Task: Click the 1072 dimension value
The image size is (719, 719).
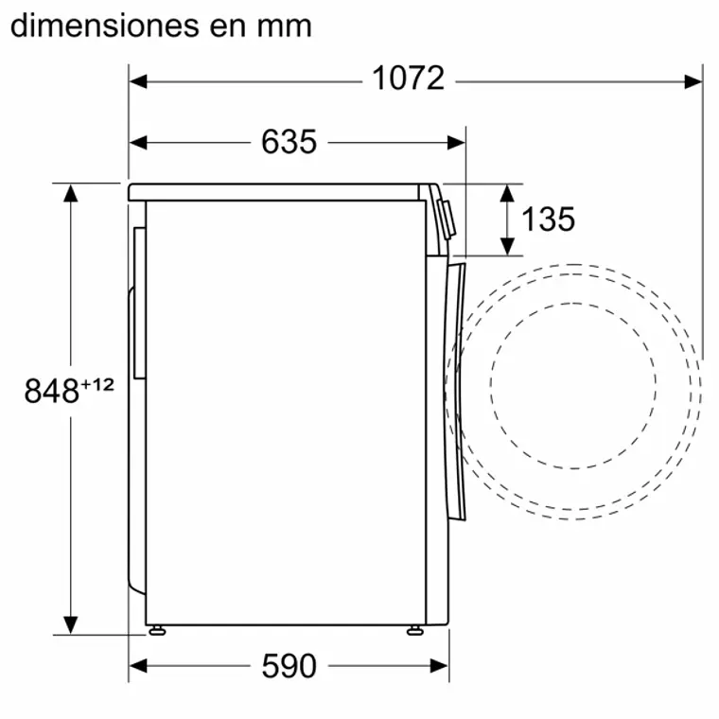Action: (407, 79)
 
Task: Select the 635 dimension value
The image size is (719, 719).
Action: (289, 142)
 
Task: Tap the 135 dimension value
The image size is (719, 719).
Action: (548, 219)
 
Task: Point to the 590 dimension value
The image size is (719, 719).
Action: (289, 666)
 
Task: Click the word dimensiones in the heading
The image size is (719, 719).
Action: (104, 25)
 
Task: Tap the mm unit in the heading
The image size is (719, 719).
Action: (281, 25)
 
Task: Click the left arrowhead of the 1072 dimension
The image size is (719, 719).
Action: (138, 81)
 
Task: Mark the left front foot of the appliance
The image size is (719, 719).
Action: (157, 629)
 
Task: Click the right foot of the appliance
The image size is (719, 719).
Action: (414, 629)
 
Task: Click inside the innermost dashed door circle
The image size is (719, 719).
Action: (572, 386)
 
